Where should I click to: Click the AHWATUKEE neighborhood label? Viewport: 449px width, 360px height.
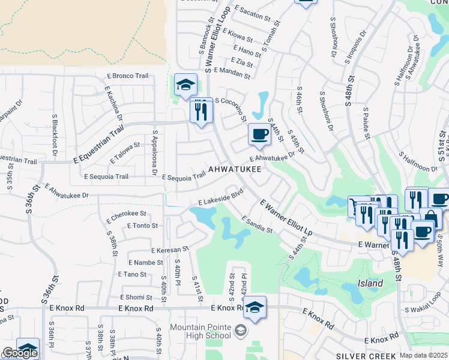coord(235,170)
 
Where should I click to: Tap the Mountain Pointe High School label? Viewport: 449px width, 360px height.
coord(200,331)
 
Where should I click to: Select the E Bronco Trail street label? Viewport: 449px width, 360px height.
coord(127,76)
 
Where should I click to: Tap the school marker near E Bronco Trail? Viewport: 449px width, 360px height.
coord(185,85)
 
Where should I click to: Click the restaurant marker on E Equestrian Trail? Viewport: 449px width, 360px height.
coord(201,110)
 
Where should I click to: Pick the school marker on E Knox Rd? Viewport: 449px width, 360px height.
coord(255,309)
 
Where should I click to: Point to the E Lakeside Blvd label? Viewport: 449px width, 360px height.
coord(221,197)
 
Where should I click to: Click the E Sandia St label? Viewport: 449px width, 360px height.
coord(257,225)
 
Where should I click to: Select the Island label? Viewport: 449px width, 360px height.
coord(370,283)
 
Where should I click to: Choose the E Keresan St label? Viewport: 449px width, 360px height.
coord(170,248)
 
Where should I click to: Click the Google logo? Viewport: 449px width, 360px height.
coord(19,353)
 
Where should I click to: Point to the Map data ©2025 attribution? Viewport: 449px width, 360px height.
coord(423,355)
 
